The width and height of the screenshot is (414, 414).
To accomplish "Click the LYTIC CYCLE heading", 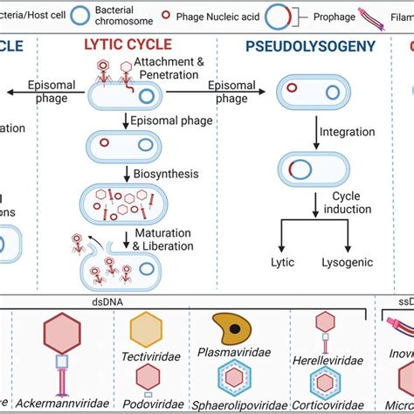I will [128, 45].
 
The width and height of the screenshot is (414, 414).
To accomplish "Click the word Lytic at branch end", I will [282, 262].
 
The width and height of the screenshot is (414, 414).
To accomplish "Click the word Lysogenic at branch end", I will [347, 262].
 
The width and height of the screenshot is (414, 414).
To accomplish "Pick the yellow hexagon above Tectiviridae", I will [146, 330].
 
